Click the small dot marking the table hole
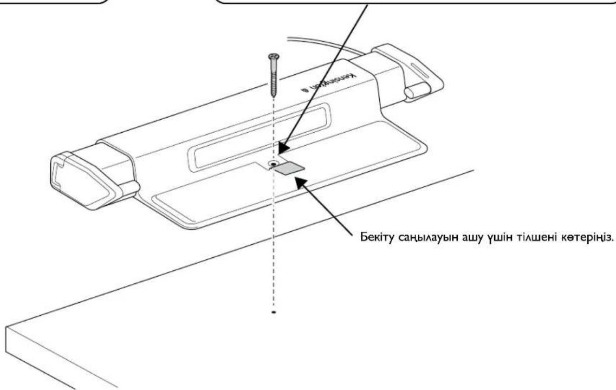(274, 313)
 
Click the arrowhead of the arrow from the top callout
(282, 147)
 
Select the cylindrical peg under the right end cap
(417, 90)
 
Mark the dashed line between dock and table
(274, 244)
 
